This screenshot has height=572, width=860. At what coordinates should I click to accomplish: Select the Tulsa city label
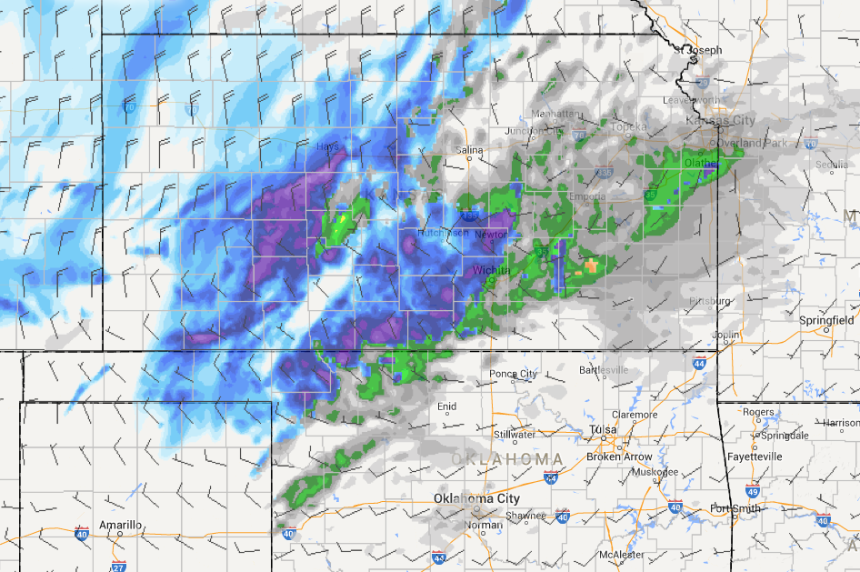click(602, 430)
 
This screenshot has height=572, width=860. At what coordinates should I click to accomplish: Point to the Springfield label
click(826, 321)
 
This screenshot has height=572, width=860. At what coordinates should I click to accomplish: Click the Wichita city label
click(491, 271)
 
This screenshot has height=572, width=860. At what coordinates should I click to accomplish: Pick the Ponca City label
click(513, 374)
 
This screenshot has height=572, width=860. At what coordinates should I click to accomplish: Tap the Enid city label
click(446, 406)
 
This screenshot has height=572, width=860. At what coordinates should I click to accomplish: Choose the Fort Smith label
click(735, 508)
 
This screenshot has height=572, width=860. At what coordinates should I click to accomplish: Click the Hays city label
click(327, 146)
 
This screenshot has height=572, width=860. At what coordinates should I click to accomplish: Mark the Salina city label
click(469, 149)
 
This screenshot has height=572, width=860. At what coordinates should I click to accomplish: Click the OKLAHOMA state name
click(507, 457)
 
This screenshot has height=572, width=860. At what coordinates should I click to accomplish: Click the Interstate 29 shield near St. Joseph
click(702, 83)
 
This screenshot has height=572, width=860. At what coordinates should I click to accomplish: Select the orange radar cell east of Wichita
click(592, 266)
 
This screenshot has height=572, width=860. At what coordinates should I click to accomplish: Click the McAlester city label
click(621, 555)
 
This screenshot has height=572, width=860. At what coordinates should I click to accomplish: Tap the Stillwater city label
click(515, 435)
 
